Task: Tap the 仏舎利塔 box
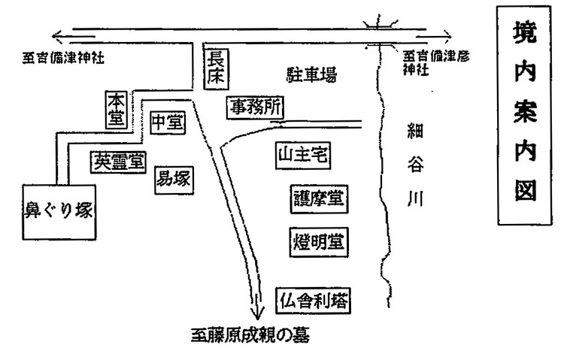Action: pos(315,300)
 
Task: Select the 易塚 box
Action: pos(173,179)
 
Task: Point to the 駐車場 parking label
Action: pos(310,75)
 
